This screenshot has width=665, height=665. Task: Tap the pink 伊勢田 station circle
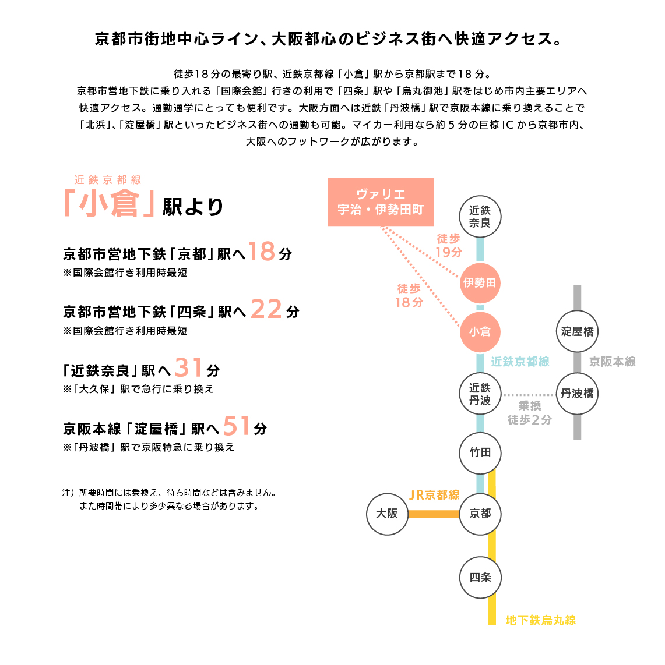480,283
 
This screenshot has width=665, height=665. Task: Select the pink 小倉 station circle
480,332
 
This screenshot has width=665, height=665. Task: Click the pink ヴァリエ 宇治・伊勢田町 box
380,202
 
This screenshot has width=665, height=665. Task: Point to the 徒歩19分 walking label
449,246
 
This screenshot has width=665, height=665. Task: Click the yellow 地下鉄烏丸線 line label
541,620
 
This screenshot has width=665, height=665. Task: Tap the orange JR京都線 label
434,495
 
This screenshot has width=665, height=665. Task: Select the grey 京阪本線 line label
613,362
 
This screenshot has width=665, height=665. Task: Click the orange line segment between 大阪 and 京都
434,514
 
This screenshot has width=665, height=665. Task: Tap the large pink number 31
188,367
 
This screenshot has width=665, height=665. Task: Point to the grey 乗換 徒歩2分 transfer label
530,413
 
